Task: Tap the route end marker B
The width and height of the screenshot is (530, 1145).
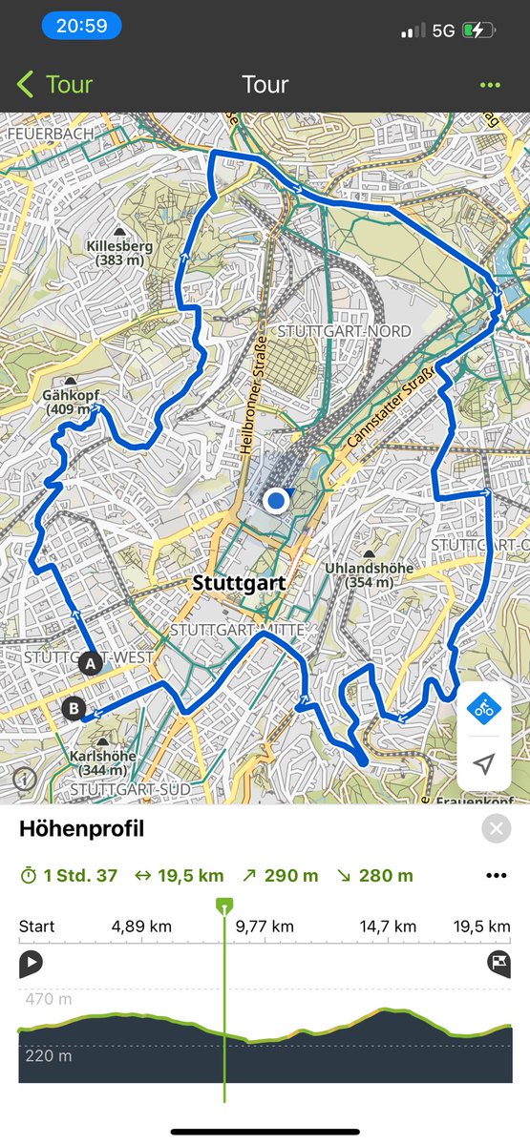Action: pos(74,709)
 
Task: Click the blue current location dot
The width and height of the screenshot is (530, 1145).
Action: pos(277,500)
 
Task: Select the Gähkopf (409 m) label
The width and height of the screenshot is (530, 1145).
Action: pos(72,402)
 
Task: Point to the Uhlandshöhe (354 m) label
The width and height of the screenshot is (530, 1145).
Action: pos(369,574)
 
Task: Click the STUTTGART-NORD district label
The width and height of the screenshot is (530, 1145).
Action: pos(345,331)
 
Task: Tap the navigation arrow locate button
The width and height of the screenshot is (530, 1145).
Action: pos(484,764)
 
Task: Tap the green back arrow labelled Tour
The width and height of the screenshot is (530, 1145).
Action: pos(55,84)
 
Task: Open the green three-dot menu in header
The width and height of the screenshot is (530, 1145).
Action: pos(490,85)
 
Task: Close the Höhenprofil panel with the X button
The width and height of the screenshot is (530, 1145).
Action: pos(496,829)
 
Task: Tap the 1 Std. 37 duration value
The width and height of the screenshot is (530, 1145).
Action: pos(80,876)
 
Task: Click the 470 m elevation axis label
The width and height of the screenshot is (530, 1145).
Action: pos(47,999)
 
